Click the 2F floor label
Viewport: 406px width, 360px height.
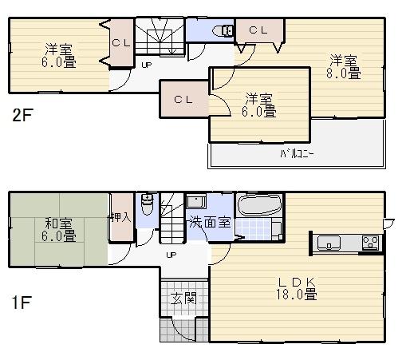22,114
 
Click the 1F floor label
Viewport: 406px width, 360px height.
22,303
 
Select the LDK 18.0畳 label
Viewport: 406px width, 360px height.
298,288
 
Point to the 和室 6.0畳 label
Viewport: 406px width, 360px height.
60,229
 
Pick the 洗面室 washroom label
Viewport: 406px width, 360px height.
210,222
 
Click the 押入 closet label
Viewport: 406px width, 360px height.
120,216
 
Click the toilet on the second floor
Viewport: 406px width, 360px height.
223,31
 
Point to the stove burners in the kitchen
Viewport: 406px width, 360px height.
371,242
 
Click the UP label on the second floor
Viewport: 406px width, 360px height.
147,65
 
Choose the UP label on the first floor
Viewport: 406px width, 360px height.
171,255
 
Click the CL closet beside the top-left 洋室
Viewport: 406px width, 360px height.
121,43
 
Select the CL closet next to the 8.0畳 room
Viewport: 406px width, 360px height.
258,30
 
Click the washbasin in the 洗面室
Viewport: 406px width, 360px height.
195,202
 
